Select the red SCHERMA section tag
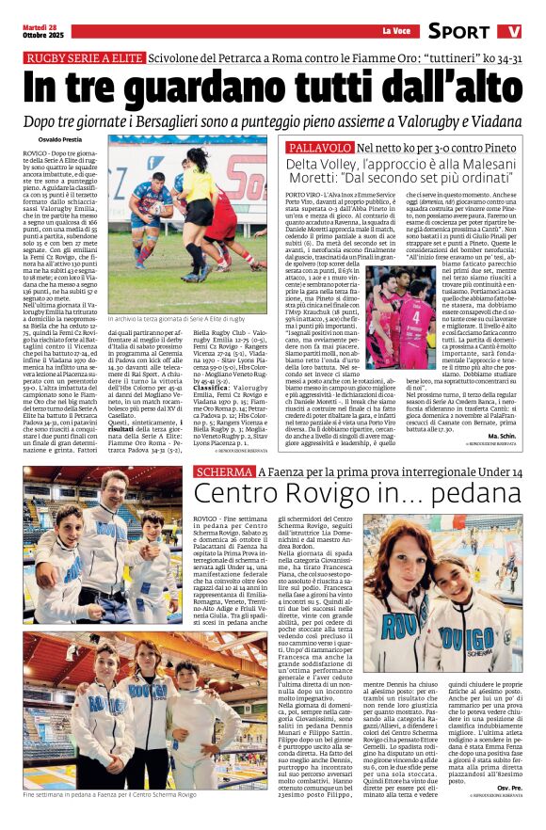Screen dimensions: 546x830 tap(224, 471)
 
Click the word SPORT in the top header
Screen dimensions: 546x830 tap(458, 31)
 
